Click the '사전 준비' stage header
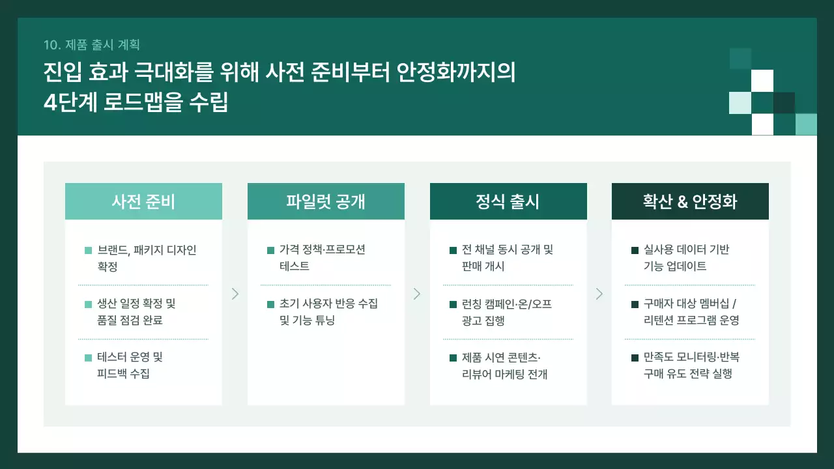pos(143,201)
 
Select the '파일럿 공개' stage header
pos(326,201)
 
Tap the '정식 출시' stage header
pos(508,201)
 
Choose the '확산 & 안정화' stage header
pos(690,201)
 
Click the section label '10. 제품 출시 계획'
pos(92,44)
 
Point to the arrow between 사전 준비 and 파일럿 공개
pos(235,294)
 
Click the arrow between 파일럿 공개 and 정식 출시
pos(417,294)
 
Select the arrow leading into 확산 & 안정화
pos(599,294)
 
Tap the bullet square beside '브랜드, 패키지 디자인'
pos(89,250)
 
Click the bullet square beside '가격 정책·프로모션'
pos(271,250)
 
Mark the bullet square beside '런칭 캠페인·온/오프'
pos(453,304)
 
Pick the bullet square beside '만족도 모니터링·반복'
pos(635,358)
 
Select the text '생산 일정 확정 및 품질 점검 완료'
pos(136,311)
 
